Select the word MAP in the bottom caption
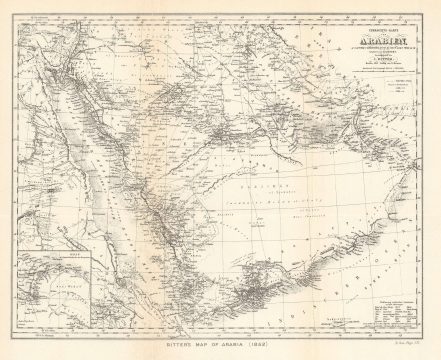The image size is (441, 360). tap(200, 345)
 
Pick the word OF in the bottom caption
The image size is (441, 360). tap(219, 345)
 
